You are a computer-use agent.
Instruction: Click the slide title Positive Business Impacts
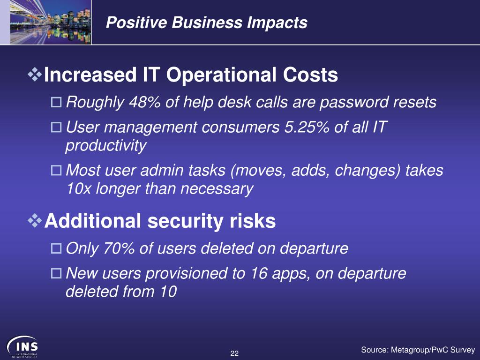click(x=207, y=22)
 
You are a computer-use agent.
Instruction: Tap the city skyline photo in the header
click(x=51, y=22)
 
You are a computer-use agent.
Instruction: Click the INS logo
click(x=22, y=346)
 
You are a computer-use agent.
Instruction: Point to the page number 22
click(x=234, y=353)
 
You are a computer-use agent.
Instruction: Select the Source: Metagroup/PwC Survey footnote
click(x=418, y=350)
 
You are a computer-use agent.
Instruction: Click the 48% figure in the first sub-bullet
click(x=145, y=102)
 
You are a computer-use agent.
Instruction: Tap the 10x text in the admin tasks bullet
click(x=79, y=188)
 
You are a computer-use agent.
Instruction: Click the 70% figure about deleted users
click(x=119, y=248)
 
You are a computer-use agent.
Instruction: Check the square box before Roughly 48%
click(x=56, y=102)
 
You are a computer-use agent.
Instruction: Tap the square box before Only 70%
click(x=56, y=248)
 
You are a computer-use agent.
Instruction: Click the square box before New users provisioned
click(x=56, y=273)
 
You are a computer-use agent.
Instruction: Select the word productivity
click(x=106, y=145)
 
